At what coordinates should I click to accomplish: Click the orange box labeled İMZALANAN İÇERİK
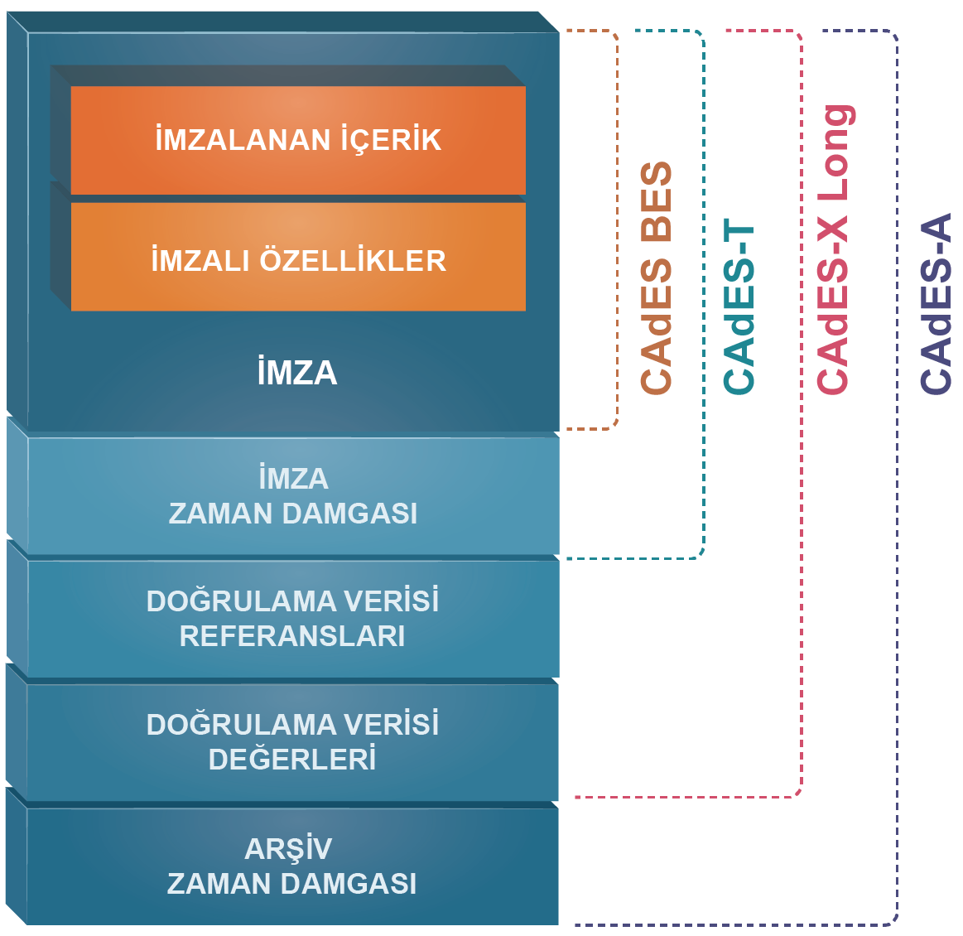298,140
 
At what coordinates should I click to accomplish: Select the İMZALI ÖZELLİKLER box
298,260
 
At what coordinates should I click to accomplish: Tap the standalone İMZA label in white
296,373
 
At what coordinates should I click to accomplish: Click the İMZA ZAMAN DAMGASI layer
293,496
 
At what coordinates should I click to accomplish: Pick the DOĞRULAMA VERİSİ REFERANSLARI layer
293,619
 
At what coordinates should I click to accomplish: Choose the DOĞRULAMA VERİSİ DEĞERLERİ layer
293,742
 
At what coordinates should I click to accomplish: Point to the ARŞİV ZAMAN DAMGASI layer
291,866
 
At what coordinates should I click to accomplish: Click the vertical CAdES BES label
657,278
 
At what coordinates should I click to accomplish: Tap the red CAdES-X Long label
834,248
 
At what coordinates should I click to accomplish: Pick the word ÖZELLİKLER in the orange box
353,261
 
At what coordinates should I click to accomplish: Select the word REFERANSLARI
292,636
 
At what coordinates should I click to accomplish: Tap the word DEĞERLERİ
292,760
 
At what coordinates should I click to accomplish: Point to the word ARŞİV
288,849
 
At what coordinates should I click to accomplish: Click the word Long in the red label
834,154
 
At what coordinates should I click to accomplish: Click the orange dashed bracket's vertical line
618,232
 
